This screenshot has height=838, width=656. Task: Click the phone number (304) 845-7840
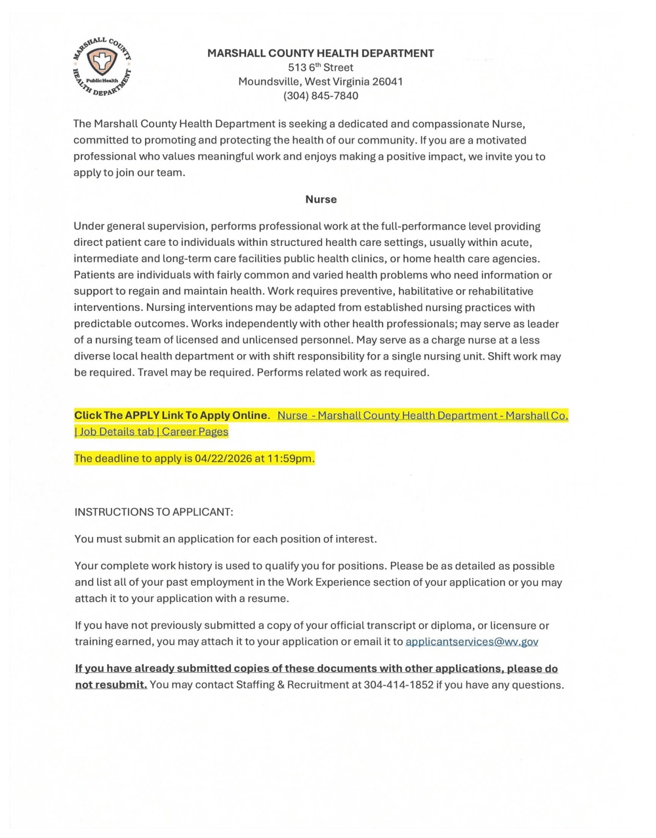coord(321,96)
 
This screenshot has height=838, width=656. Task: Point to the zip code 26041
coord(388,81)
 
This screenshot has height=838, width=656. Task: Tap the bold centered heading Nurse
coord(321,199)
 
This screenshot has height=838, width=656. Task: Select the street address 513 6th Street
coord(321,68)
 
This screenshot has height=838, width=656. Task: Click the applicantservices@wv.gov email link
coord(472,642)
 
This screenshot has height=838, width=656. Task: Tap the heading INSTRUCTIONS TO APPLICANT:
coord(154,511)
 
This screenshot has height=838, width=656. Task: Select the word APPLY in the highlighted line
coord(146,415)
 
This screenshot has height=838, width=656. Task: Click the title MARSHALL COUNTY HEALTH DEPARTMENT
coord(321,53)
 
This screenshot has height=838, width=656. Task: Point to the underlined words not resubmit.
coord(111,685)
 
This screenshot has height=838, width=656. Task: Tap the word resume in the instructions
coord(270,599)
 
